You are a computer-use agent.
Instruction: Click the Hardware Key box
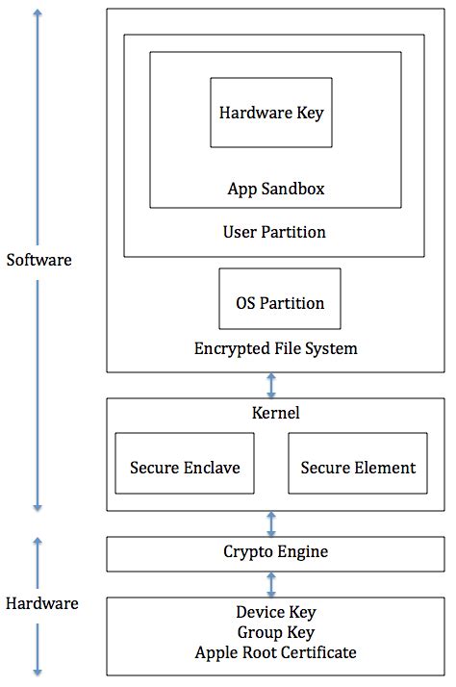point(271,113)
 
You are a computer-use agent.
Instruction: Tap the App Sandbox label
point(275,189)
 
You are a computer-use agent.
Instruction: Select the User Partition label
point(274,232)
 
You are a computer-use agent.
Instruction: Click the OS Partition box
point(280,302)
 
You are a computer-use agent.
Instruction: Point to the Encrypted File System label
point(275,348)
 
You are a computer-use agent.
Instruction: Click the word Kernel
point(274,413)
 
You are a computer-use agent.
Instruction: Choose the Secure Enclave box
point(185,468)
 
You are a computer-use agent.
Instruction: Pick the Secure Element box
point(358,468)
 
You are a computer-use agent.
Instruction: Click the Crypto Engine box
point(275,552)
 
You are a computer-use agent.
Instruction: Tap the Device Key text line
point(275,612)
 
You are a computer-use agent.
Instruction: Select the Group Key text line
point(275,632)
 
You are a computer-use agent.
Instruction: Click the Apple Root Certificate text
point(275,652)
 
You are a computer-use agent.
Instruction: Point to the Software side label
point(38,260)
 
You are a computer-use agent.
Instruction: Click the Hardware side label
point(41,604)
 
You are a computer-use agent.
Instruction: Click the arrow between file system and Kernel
point(271,385)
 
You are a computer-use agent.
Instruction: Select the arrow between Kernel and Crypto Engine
point(271,524)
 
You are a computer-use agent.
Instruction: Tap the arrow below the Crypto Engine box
point(271,583)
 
